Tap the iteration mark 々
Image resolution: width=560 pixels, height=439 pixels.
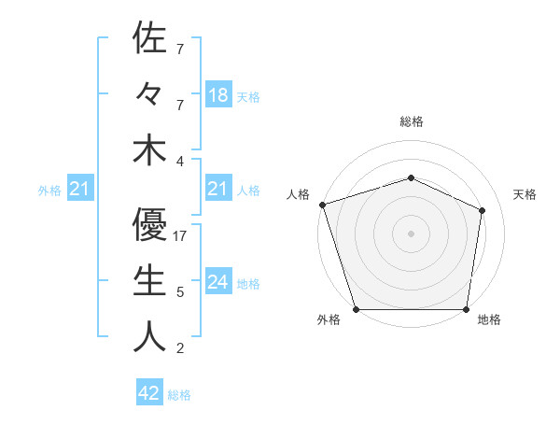click(x=149, y=95)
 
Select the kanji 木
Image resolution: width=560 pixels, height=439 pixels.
click(x=149, y=150)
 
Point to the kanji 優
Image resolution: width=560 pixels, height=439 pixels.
click(x=149, y=223)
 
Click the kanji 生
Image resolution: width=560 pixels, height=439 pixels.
click(x=149, y=279)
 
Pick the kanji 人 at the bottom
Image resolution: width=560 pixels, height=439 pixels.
click(x=149, y=335)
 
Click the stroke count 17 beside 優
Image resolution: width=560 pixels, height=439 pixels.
click(x=181, y=236)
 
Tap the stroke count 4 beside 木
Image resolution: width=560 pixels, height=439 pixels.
click(x=179, y=162)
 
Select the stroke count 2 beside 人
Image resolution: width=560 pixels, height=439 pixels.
click(x=179, y=348)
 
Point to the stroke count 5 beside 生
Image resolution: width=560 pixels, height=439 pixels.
click(x=179, y=292)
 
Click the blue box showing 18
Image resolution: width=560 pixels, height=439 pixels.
click(x=217, y=95)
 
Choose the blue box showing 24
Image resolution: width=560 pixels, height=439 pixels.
click(x=217, y=282)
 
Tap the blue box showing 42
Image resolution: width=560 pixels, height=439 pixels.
click(x=149, y=393)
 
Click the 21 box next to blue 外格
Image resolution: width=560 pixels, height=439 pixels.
click(x=80, y=190)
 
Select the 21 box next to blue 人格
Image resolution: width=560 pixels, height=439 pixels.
click(x=217, y=190)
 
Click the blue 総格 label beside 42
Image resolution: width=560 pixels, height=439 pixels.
click(x=179, y=395)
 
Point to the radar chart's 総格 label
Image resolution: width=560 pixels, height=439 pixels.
click(x=411, y=121)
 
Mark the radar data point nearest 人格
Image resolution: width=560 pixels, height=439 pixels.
click(x=322, y=205)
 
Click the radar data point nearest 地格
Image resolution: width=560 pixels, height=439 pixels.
click(x=466, y=309)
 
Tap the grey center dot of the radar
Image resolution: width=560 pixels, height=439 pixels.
click(x=411, y=233)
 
